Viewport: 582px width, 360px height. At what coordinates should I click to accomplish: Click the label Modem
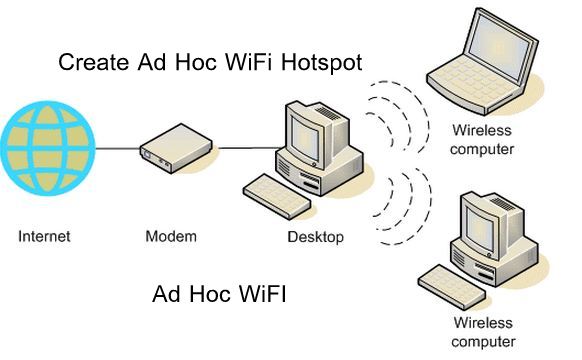170,237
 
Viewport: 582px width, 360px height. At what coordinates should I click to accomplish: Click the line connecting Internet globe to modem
115,150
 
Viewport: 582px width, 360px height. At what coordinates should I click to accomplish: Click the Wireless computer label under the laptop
482,140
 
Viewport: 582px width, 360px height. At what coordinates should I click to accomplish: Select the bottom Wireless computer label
483,333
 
